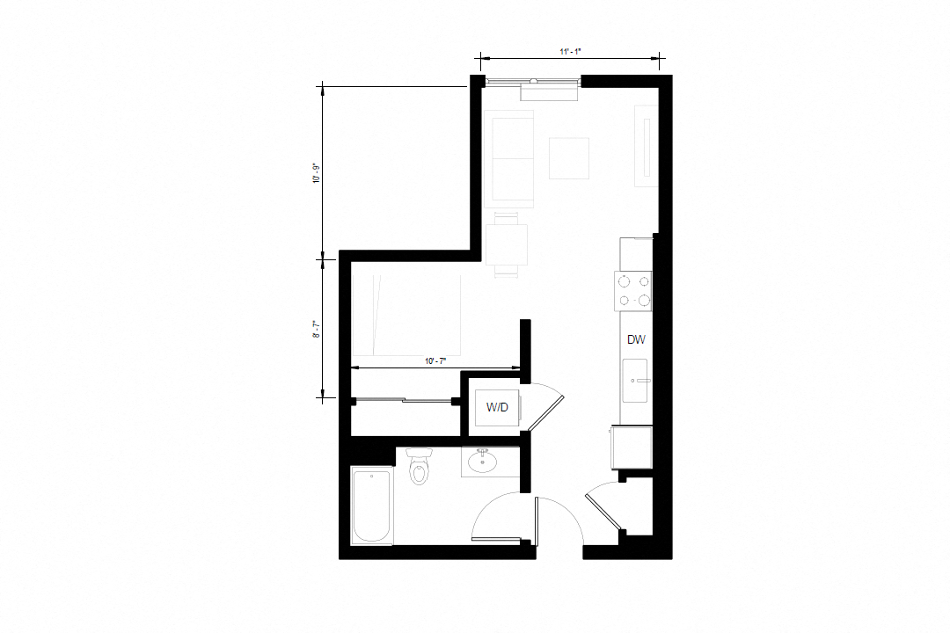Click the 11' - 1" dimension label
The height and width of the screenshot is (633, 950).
click(570, 52)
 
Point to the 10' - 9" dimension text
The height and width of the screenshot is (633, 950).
click(316, 173)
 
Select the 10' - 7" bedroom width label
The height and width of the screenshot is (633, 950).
click(435, 361)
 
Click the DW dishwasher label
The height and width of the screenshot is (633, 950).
click(636, 340)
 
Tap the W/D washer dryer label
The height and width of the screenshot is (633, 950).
click(497, 408)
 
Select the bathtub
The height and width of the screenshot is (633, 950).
click(372, 506)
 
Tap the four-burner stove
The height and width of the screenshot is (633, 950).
click(633, 290)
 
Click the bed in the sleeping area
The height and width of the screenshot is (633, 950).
click(406, 315)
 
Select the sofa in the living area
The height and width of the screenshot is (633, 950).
click(509, 159)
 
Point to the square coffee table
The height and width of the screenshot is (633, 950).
click(569, 159)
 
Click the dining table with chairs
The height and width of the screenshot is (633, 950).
click(507, 244)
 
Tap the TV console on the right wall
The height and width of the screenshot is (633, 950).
click(646, 146)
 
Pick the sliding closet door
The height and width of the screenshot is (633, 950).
click(403, 400)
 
